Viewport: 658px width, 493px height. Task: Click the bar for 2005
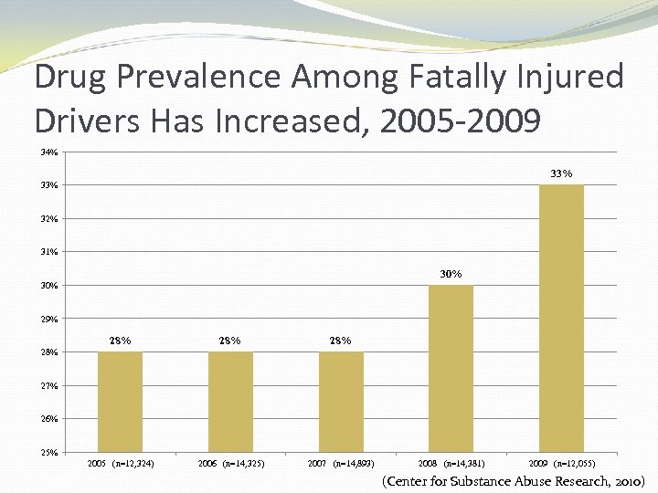click(x=120, y=402)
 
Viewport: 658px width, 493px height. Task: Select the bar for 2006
click(x=230, y=402)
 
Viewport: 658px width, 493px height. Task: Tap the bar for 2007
click(x=341, y=402)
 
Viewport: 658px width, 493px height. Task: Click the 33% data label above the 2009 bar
click(x=561, y=173)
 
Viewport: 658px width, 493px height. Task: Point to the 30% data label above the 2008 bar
click(x=451, y=273)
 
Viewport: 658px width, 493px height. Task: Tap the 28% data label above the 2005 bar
click(x=120, y=341)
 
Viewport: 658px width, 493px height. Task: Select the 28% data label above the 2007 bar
click(x=340, y=341)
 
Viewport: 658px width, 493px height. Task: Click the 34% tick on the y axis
click(x=48, y=152)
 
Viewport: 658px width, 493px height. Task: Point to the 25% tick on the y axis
click(x=48, y=452)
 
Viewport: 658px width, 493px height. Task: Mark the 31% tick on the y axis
click(x=48, y=252)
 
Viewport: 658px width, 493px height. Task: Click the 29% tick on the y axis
click(x=48, y=319)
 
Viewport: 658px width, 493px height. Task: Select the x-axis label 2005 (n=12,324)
click(x=121, y=464)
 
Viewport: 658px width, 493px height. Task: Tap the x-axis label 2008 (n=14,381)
click(x=451, y=464)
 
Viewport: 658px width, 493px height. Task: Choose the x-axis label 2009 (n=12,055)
click(x=562, y=464)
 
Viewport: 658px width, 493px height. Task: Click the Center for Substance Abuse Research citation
click(x=514, y=480)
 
